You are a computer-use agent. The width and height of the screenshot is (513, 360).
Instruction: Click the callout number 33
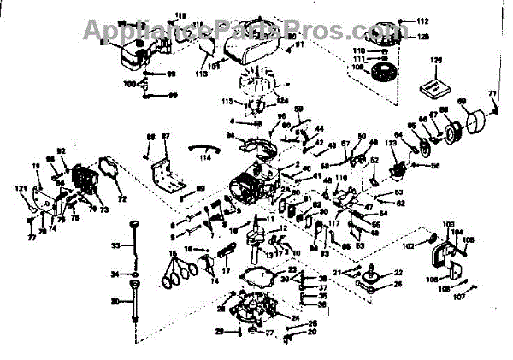coord(116,245)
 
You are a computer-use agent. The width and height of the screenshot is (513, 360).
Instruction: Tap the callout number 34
coord(116,274)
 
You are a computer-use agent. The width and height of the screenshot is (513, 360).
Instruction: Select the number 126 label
coord(435,61)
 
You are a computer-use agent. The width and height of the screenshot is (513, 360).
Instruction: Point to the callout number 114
coord(204,157)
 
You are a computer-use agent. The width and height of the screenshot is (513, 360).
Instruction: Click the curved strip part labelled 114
coord(203,145)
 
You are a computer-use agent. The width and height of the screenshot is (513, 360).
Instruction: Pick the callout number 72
coord(121,199)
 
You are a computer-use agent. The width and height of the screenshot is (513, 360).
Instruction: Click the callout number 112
coord(422,20)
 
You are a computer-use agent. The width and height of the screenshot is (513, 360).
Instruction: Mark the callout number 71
coord(492,92)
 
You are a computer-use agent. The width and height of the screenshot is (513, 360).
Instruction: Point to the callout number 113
coord(201,74)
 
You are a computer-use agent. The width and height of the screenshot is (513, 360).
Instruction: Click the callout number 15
coord(172,254)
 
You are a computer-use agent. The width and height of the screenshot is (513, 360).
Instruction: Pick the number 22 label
coord(398,272)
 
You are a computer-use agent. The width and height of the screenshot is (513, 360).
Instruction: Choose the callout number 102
coord(409,245)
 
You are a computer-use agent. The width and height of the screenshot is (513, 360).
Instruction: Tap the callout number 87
coord(166,137)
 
